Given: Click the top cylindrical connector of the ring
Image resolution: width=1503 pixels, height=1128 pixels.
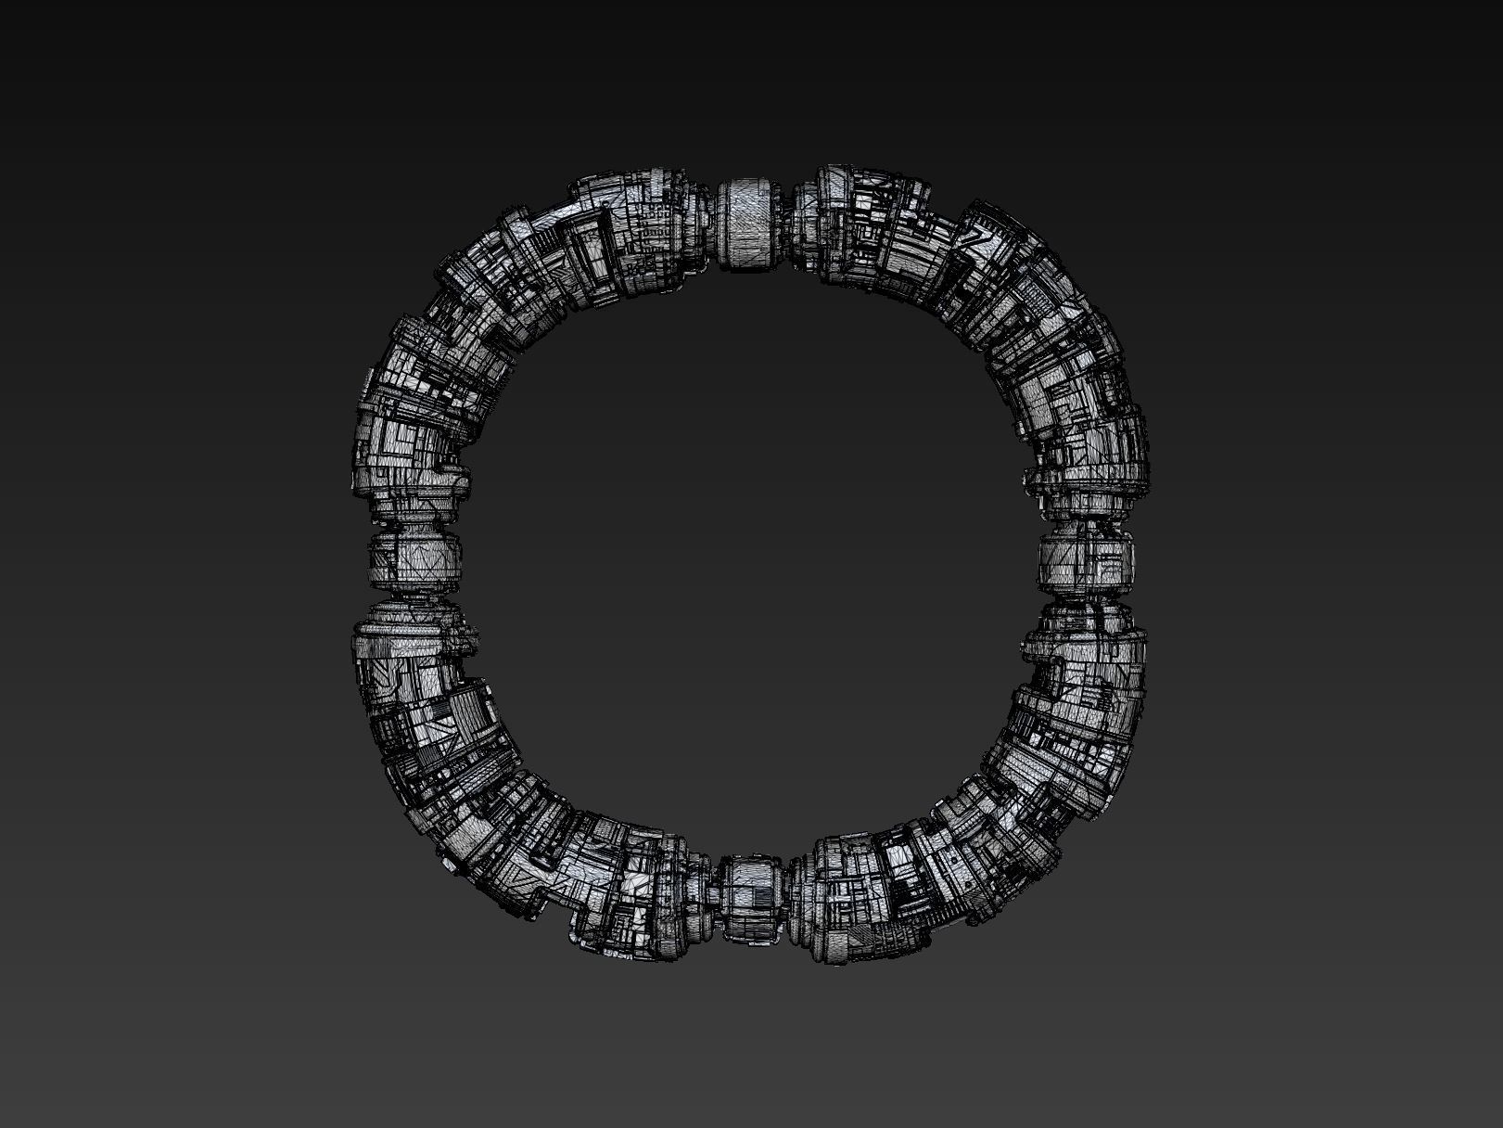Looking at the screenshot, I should pyautogui.click(x=753, y=225).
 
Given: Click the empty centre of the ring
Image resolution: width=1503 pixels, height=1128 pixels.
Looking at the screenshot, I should pyautogui.click(x=751, y=561).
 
